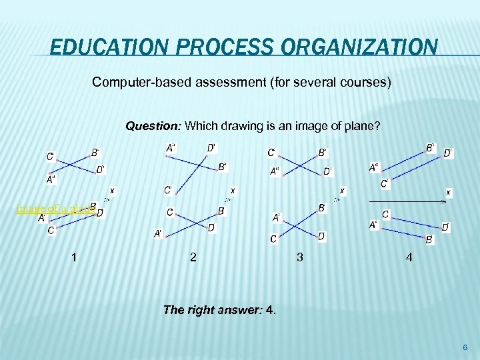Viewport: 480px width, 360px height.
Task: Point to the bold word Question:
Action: (154, 125)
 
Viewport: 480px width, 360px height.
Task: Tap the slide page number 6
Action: (465, 348)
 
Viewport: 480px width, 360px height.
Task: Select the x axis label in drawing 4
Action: (448, 193)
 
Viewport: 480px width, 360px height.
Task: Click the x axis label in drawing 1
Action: (111, 191)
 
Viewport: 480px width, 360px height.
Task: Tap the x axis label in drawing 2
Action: (232, 191)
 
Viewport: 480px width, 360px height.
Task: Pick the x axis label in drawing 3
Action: (341, 191)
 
